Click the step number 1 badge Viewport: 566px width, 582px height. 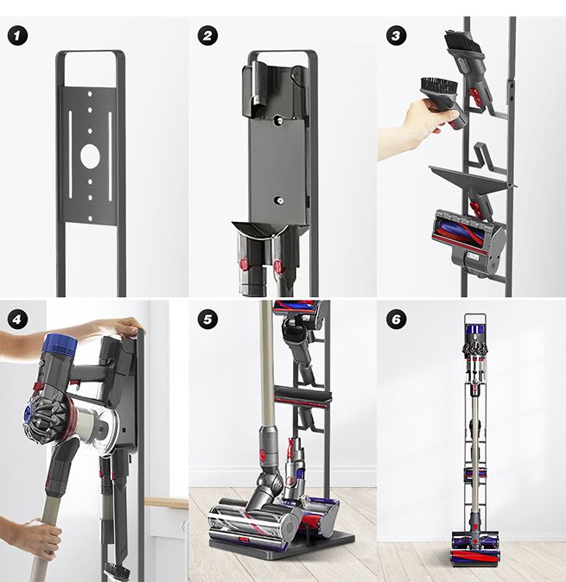click(x=16, y=36)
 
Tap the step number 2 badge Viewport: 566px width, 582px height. click(x=207, y=36)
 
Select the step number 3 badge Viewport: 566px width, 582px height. click(x=397, y=36)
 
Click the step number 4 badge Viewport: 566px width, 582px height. click(x=16, y=319)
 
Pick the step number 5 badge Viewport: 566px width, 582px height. click(x=207, y=319)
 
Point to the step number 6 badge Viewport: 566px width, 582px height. click(x=397, y=319)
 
